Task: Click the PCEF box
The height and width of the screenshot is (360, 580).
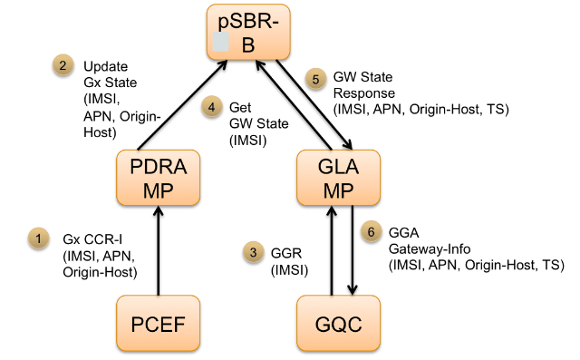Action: click(x=160, y=324)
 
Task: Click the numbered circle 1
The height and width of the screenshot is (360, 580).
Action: click(x=38, y=238)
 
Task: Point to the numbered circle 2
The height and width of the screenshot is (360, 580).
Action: click(x=61, y=65)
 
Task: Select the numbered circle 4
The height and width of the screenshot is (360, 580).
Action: click(x=211, y=107)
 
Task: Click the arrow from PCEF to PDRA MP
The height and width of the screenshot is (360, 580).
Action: click(x=160, y=249)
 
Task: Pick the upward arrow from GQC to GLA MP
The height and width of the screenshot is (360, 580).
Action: click(x=332, y=249)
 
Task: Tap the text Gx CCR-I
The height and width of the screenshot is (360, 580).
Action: click(x=85, y=238)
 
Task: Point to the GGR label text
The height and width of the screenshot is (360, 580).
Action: click(x=285, y=253)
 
